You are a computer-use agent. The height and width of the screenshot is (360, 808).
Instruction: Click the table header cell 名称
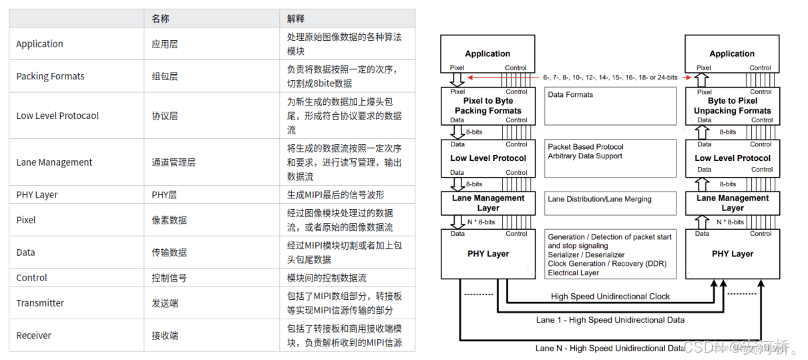(x=160, y=18)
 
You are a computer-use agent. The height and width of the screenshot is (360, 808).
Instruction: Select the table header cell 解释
(x=296, y=18)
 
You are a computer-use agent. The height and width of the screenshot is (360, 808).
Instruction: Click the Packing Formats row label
(x=51, y=76)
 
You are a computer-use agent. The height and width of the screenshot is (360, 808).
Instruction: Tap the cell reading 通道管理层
(x=174, y=162)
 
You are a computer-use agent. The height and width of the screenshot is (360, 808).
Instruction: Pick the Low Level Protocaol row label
(x=57, y=116)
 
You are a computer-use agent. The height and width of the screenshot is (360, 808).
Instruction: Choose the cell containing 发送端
(x=165, y=303)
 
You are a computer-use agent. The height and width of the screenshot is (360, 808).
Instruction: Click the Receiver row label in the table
(x=34, y=335)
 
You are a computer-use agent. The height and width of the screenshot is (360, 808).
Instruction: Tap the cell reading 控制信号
(x=169, y=278)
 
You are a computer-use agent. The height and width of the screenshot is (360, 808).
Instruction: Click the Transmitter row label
(x=40, y=303)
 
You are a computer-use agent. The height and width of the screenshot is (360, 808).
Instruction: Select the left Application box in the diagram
(x=487, y=53)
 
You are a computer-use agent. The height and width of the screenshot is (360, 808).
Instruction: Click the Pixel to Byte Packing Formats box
(x=487, y=106)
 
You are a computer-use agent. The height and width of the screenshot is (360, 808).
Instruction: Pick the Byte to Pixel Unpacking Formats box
(x=732, y=106)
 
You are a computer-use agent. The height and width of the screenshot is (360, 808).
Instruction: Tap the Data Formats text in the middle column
(x=570, y=95)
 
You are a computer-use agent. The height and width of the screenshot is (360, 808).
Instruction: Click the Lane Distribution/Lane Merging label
(x=599, y=199)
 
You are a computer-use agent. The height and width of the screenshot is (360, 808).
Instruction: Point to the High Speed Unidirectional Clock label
(x=610, y=296)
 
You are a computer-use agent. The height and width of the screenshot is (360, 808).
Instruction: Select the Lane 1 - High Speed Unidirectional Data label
(x=610, y=320)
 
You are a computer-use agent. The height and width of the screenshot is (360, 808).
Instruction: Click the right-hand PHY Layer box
(x=732, y=254)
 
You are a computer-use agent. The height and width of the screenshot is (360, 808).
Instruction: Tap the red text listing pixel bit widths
(x=610, y=77)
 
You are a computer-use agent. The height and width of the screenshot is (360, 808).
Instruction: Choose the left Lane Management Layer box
(x=487, y=203)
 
